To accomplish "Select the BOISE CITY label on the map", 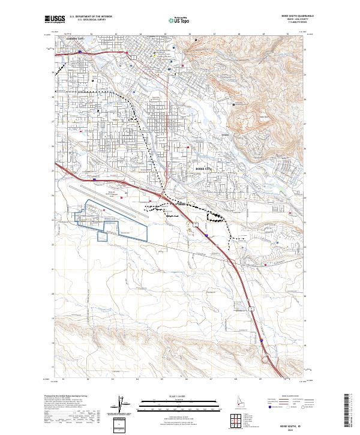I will tap(205, 169).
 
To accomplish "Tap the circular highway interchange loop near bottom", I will tap(266, 359).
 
